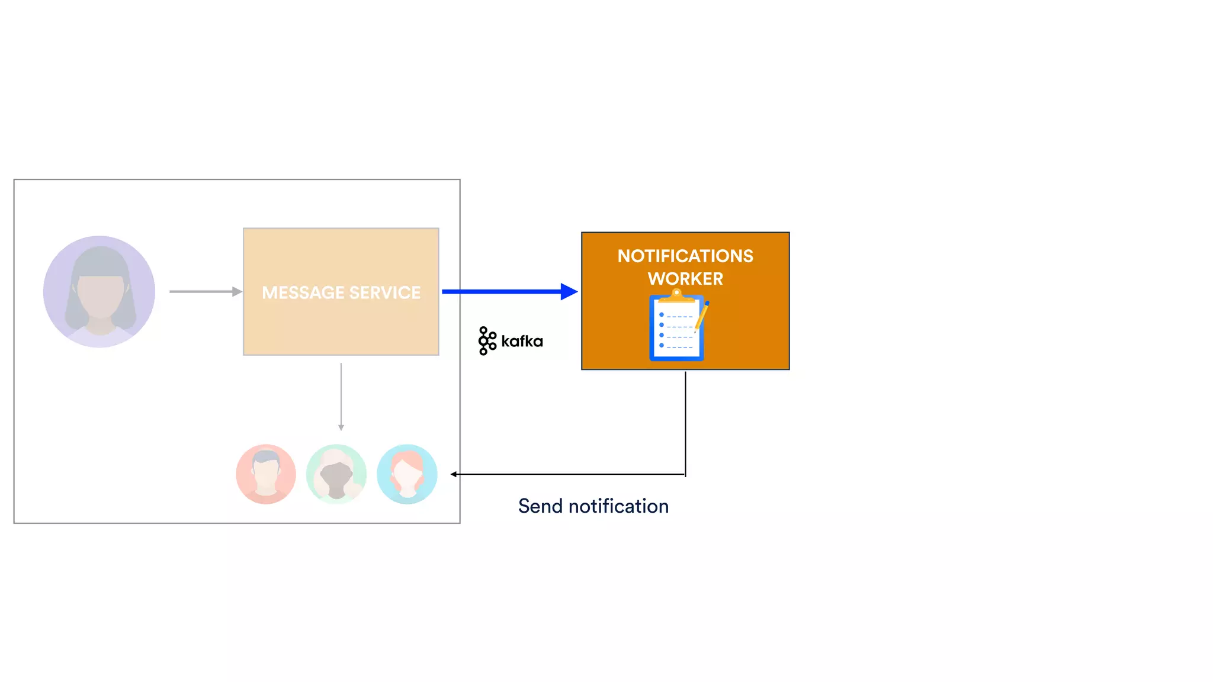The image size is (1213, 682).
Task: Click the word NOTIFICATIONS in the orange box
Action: [x=685, y=256]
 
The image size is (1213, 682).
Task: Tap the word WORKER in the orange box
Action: [x=685, y=279]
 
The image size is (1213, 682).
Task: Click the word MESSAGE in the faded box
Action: [x=303, y=292]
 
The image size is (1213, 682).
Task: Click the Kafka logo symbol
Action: [x=487, y=341]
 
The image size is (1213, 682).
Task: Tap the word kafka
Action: [x=522, y=342]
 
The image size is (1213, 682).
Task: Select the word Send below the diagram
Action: [x=540, y=506]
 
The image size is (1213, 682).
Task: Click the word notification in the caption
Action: [x=618, y=506]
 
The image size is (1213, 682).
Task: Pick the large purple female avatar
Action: [x=100, y=291]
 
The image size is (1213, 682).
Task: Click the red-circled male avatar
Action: [x=266, y=474]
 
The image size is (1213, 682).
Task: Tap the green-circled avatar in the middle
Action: [x=336, y=474]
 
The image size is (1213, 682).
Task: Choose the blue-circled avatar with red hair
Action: [x=407, y=474]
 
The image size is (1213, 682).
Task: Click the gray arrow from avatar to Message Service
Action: [x=205, y=291]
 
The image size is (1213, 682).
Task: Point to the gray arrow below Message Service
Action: [x=341, y=397]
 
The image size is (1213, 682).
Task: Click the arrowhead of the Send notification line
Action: [x=454, y=474]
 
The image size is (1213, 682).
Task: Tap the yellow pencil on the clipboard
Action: [x=702, y=315]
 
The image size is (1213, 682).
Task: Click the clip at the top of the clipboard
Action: [x=676, y=295]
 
